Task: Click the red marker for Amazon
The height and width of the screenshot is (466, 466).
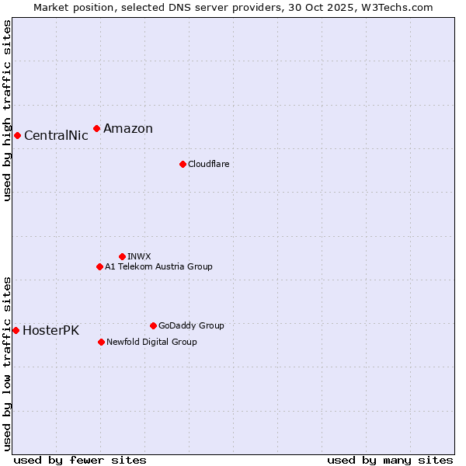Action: pyautogui.click(x=96, y=128)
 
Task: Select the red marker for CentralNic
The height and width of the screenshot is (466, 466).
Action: pyautogui.click(x=17, y=135)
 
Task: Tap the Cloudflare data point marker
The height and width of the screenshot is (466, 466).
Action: pyautogui.click(x=183, y=164)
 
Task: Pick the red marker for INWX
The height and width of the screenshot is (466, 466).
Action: pyautogui.click(x=122, y=256)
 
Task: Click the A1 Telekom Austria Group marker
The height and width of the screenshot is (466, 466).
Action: pyautogui.click(x=99, y=266)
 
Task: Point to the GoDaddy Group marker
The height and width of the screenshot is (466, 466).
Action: pyautogui.click(x=153, y=325)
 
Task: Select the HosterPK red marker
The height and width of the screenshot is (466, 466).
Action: pyautogui.click(x=16, y=330)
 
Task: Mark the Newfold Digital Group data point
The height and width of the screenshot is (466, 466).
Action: pyautogui.click(x=101, y=342)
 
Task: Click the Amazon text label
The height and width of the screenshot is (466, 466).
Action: pyautogui.click(x=128, y=129)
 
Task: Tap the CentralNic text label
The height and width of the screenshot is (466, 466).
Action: pyautogui.click(x=56, y=136)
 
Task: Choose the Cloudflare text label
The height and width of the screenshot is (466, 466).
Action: pyautogui.click(x=209, y=165)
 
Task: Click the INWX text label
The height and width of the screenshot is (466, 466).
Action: pyautogui.click(x=140, y=257)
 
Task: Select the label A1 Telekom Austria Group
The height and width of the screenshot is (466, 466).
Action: pyautogui.click(x=158, y=267)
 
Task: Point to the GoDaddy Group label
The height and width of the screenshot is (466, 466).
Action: pyautogui.click(x=191, y=326)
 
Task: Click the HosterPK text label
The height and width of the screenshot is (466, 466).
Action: pyautogui.click(x=50, y=331)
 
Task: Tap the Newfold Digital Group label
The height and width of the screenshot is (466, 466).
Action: pyautogui.click(x=151, y=343)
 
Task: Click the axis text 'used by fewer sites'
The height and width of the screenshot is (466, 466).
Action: pyautogui.click(x=80, y=460)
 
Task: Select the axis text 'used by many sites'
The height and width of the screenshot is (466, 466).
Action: pyautogui.click(x=390, y=460)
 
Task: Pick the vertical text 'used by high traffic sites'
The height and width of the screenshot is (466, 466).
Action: pyautogui.click(x=7, y=110)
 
